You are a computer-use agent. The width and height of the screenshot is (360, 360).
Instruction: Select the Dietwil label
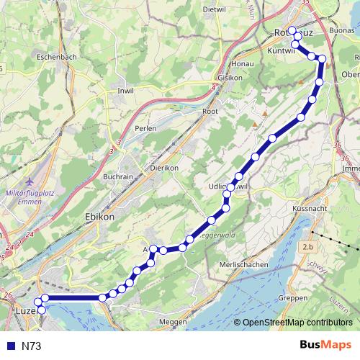(215, 9)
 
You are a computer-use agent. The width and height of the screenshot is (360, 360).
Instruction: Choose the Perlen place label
(146, 128)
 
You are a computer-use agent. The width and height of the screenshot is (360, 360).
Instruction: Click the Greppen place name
(293, 297)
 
